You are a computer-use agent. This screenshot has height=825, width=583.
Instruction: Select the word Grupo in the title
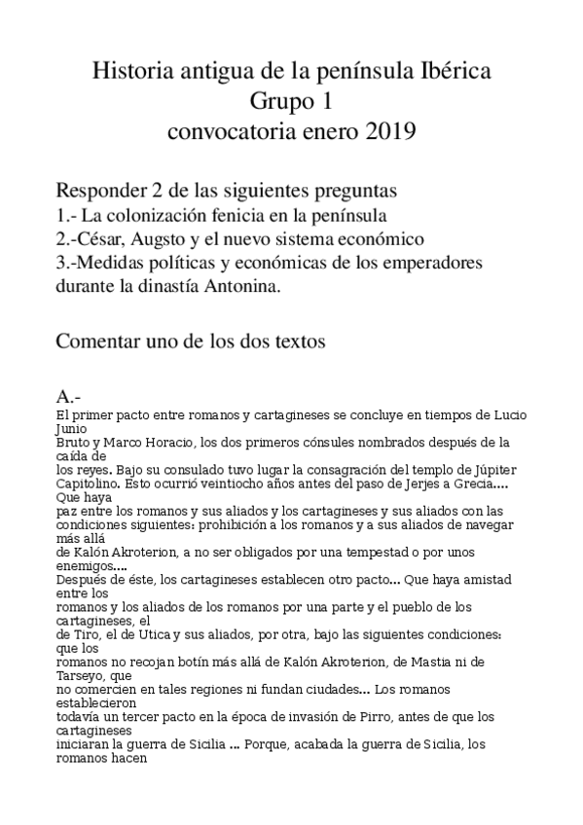click(273, 101)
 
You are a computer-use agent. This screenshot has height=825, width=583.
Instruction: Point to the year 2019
click(390, 130)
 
